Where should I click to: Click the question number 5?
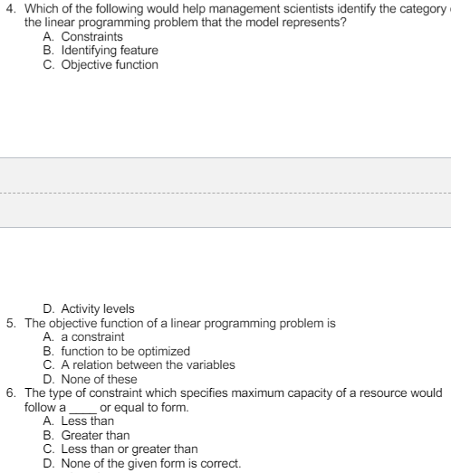click(x=10, y=323)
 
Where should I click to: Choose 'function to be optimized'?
click(x=116, y=350)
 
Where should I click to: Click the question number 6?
click(x=10, y=393)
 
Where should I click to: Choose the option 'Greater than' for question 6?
click(x=92, y=435)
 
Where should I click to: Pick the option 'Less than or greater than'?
click(x=127, y=449)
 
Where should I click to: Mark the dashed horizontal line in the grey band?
click(x=225, y=193)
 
